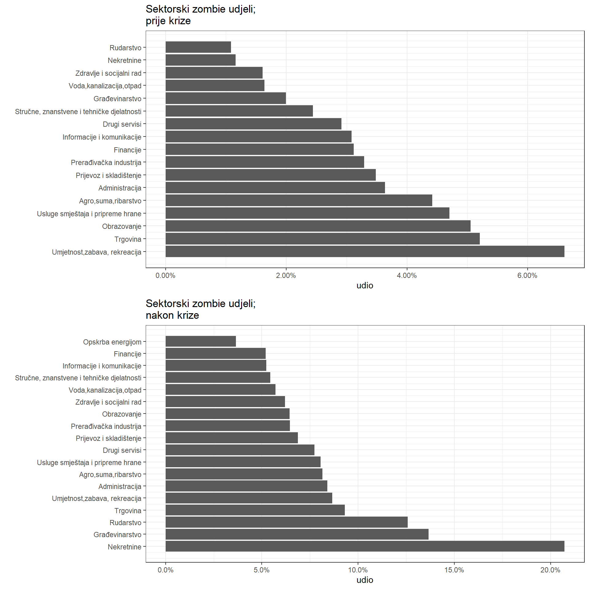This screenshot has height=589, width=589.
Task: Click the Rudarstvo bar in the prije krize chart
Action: tap(198, 47)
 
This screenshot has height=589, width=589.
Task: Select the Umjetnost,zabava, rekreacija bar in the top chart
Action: tap(365, 251)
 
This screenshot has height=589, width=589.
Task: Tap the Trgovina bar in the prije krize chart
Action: tap(322, 239)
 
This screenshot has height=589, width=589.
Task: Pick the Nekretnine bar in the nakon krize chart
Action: tap(365, 546)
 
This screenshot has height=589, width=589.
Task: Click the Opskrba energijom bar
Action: tap(201, 341)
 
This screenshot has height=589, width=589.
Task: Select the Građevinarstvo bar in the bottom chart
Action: tap(297, 534)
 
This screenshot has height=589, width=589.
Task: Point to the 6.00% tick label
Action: tap(527, 275)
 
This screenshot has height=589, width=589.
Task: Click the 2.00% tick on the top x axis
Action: tap(286, 275)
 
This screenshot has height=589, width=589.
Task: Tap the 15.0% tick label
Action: tap(454, 570)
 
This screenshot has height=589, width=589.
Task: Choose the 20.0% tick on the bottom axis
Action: tap(550, 570)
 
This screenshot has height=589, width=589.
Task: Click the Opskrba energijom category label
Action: tap(112, 342)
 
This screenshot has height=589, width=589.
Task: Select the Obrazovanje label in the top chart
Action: tap(122, 226)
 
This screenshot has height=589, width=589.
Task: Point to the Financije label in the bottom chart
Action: tap(128, 354)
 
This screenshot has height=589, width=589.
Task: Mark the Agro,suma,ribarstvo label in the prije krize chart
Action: tap(110, 201)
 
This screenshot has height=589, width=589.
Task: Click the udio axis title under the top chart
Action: tap(365, 286)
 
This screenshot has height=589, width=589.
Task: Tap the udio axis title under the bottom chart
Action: tap(365, 580)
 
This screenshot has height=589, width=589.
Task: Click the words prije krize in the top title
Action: tap(168, 21)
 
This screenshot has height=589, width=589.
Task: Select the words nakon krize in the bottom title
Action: tap(172, 315)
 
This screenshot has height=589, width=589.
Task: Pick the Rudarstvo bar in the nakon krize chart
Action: tap(287, 522)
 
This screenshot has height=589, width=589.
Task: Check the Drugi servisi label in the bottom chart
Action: tap(122, 450)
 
